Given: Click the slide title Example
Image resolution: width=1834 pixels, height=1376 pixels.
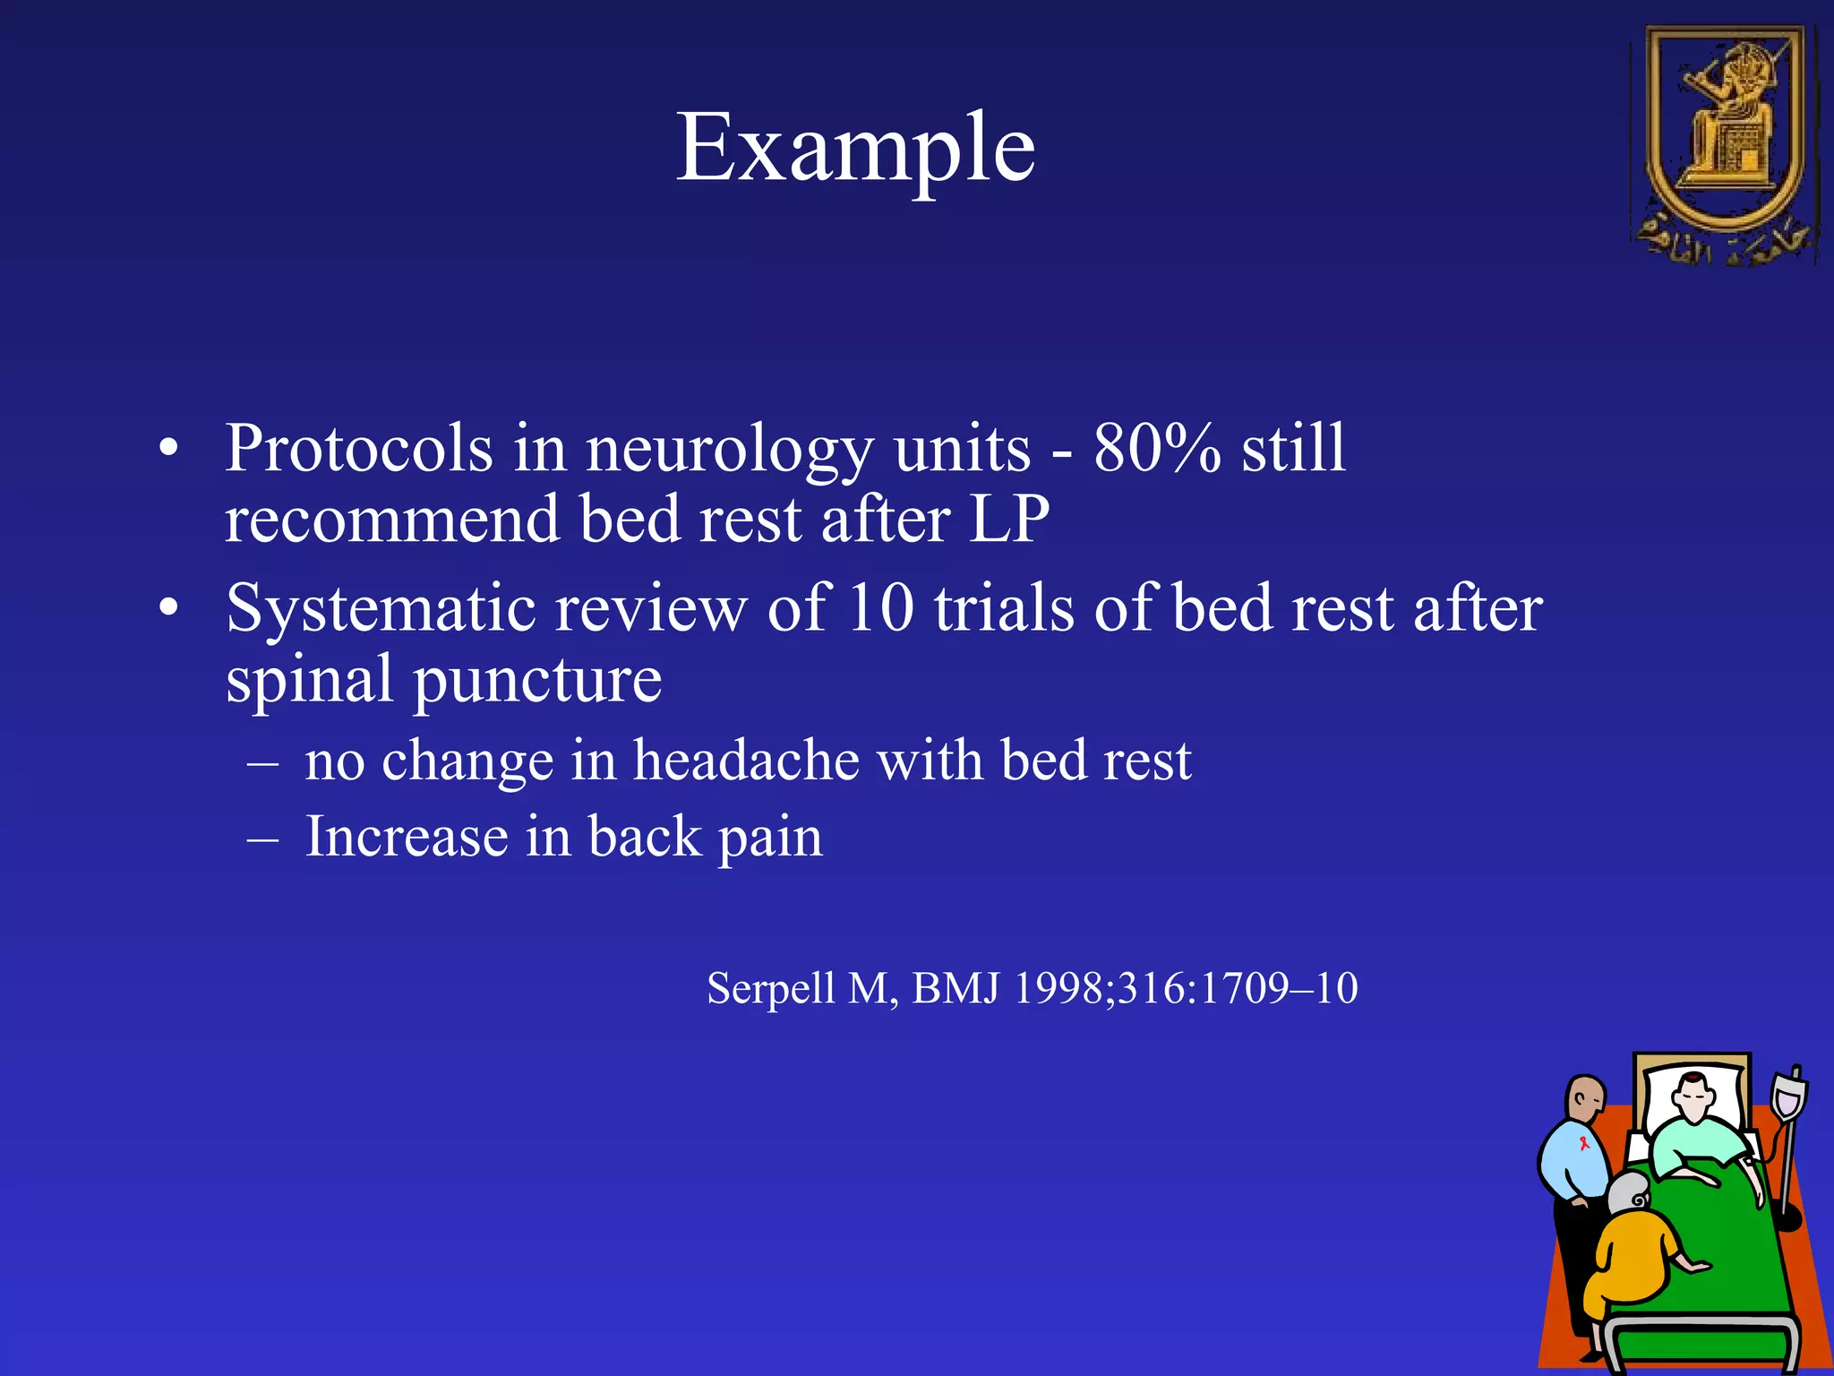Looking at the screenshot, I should tap(855, 148).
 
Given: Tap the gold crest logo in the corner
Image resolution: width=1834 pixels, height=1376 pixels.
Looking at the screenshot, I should tap(1724, 143).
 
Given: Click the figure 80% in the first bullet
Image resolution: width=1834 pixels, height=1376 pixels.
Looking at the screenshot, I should tap(1156, 447).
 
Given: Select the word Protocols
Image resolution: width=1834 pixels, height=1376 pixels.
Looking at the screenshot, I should tap(358, 447).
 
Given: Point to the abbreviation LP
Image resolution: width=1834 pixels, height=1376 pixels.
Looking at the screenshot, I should tap(1008, 519).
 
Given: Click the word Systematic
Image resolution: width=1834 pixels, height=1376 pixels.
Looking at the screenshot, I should tap(381, 608).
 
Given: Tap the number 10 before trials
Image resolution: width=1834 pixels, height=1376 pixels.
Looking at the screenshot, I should tap(880, 608).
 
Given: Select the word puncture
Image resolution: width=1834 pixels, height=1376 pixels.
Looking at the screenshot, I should tap(536, 680).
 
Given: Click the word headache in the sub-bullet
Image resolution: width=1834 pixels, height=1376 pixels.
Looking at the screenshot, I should tap(746, 761).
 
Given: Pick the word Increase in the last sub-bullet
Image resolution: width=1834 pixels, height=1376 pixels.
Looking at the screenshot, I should tap(407, 837).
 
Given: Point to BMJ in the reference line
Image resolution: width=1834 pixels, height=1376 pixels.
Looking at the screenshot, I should tap(955, 988).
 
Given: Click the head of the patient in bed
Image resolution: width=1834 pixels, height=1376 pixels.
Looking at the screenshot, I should tap(1693, 1098).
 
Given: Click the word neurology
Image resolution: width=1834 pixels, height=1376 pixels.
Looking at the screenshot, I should tap(728, 447).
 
